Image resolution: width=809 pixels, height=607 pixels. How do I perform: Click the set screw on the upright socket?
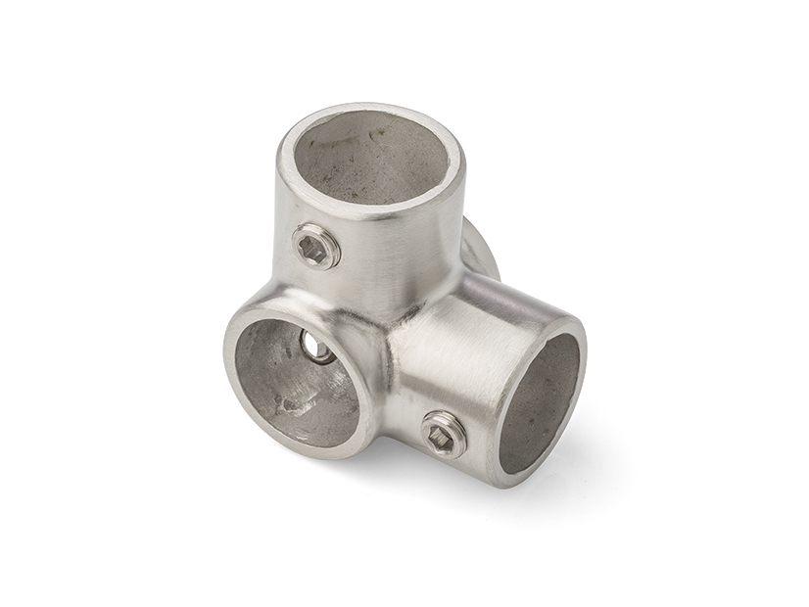point(316,246)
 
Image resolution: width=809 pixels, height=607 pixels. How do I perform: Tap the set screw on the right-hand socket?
point(444,434)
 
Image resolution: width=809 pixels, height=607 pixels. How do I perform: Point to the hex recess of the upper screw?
point(313,248)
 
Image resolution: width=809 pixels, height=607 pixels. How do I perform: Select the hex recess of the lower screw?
point(443,437)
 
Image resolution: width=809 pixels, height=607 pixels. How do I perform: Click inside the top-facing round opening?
point(369,158)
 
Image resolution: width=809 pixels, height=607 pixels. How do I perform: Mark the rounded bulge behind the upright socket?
point(480,250)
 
